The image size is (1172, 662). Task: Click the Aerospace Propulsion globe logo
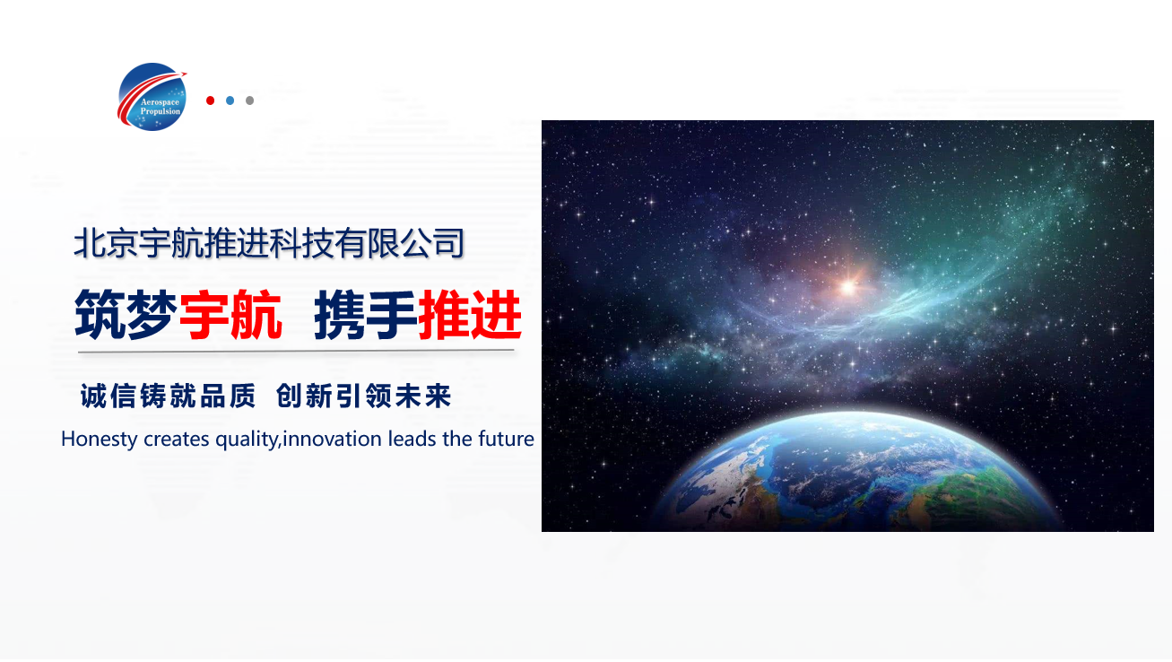(x=152, y=97)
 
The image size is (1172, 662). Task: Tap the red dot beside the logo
(x=211, y=100)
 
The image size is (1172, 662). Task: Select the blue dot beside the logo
(x=230, y=100)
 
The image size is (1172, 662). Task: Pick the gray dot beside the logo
(x=249, y=100)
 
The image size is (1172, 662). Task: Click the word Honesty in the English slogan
(x=99, y=439)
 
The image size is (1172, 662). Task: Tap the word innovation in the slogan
(x=332, y=439)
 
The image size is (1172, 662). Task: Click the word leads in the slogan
(x=412, y=439)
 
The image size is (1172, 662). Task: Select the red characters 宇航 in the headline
(x=230, y=315)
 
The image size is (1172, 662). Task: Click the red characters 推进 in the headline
(x=470, y=315)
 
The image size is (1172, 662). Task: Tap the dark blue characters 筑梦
(x=126, y=315)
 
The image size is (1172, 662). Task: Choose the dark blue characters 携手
(x=366, y=315)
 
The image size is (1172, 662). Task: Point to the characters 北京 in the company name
(x=106, y=243)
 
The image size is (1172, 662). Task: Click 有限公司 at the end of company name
(x=400, y=243)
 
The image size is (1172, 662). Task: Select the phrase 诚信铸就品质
(x=168, y=396)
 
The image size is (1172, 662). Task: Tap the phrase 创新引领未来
(x=364, y=396)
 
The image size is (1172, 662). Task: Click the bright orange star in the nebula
(x=848, y=287)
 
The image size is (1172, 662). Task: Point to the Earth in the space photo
(x=858, y=471)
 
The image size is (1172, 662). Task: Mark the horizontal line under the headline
(x=296, y=351)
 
